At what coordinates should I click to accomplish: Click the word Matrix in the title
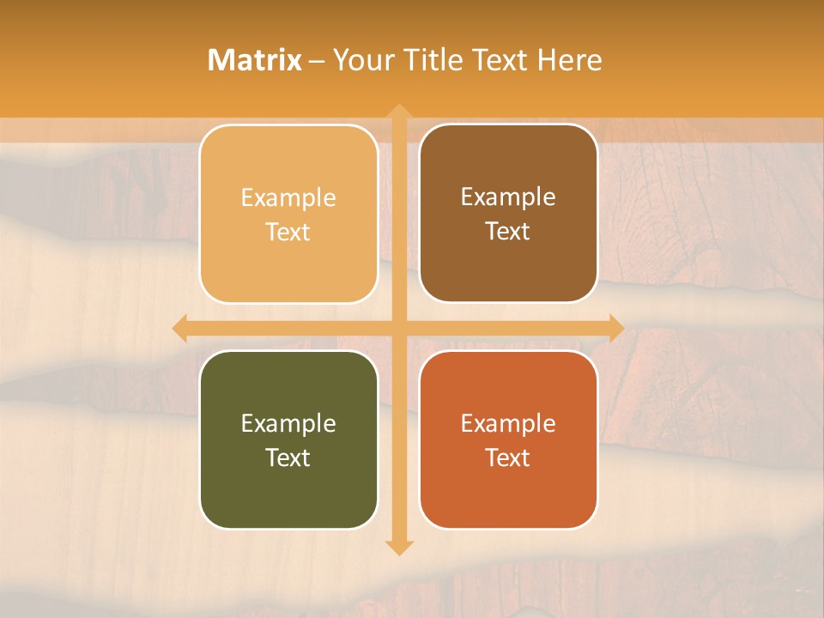tap(254, 60)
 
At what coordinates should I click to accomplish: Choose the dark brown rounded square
tap(508, 266)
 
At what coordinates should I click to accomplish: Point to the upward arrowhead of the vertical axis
tap(398, 112)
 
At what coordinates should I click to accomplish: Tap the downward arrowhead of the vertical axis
tap(398, 547)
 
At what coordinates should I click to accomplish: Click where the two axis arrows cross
tap(398, 328)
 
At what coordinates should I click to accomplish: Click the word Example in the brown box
tap(508, 197)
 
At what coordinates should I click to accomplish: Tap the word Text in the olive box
tap(288, 457)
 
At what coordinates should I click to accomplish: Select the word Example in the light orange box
tap(288, 198)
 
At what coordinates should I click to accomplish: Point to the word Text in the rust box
tap(508, 457)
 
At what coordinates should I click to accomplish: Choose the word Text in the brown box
tap(508, 232)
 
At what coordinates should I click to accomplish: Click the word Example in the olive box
tap(288, 423)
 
